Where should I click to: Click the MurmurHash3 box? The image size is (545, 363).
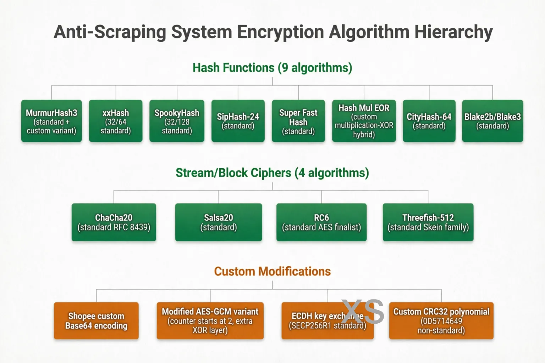(x=51, y=121)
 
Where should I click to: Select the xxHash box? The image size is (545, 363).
(x=116, y=121)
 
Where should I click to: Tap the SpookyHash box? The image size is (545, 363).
(x=177, y=121)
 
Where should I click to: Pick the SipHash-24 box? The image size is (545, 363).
(x=238, y=121)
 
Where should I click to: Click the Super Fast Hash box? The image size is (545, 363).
(x=298, y=121)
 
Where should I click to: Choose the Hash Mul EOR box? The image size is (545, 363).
(x=364, y=121)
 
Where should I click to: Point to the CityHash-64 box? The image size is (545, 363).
(x=429, y=121)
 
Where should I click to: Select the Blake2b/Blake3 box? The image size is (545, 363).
(x=492, y=121)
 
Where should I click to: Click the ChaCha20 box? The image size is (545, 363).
(x=114, y=222)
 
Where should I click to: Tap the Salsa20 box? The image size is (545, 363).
(x=219, y=222)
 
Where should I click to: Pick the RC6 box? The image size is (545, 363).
(x=321, y=222)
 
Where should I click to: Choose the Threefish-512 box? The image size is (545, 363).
(x=428, y=222)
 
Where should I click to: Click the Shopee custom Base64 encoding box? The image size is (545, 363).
(x=96, y=321)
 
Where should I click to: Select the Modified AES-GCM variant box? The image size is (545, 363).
(x=210, y=321)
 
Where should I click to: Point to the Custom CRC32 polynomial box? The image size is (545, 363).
(x=441, y=321)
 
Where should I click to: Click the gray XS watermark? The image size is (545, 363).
(x=363, y=312)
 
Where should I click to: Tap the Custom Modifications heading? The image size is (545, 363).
(x=272, y=272)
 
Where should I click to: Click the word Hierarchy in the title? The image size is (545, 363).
(x=453, y=32)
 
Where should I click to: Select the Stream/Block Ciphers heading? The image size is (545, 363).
(x=272, y=173)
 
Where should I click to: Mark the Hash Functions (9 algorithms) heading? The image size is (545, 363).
(x=272, y=68)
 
